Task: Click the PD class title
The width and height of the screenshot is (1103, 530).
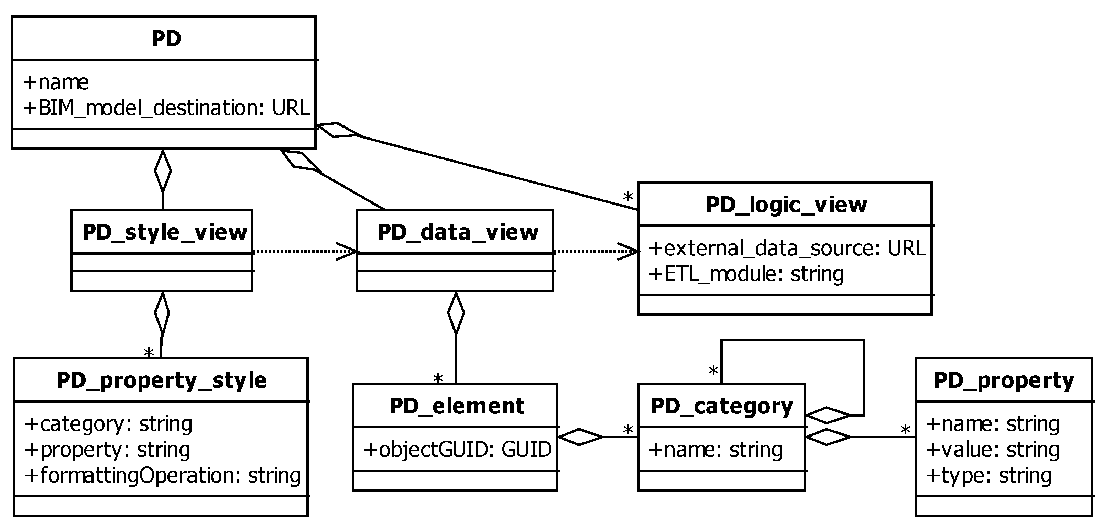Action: (x=166, y=39)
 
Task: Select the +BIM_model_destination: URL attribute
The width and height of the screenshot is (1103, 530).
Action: (x=166, y=108)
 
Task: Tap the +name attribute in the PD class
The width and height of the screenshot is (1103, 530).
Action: (x=56, y=82)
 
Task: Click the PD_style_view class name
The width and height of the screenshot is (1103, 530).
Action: (x=164, y=232)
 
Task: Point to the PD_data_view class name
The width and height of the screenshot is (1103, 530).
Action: (x=457, y=232)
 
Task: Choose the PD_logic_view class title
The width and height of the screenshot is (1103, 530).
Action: (x=786, y=205)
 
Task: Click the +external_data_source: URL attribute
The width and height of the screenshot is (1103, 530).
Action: (x=787, y=248)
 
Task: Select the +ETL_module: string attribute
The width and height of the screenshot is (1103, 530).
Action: (x=746, y=274)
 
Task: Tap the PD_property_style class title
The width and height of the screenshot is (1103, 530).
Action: (x=161, y=380)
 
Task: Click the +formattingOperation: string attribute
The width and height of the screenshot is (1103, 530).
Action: (x=163, y=476)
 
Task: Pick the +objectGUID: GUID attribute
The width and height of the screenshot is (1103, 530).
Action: (x=457, y=450)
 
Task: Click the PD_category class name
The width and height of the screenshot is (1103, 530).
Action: (x=721, y=406)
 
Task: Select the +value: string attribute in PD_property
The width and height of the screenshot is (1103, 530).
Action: (x=993, y=450)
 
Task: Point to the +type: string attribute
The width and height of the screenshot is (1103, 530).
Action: (x=988, y=476)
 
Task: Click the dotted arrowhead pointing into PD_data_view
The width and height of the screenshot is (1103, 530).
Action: (x=348, y=251)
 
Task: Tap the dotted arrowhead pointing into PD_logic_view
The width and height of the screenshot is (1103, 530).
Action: (x=629, y=251)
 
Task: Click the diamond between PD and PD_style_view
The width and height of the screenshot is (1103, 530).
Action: (x=163, y=170)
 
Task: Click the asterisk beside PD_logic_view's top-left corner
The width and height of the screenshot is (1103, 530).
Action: (x=628, y=197)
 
